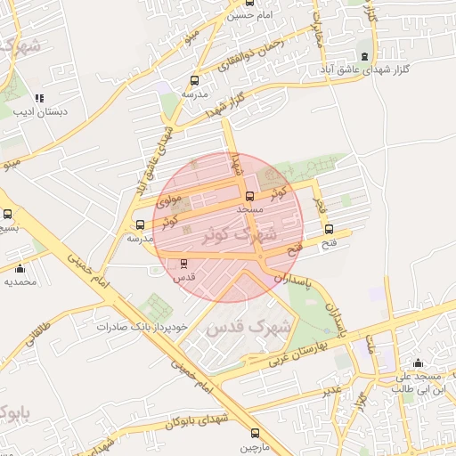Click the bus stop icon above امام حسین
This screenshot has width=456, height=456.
point(248,3)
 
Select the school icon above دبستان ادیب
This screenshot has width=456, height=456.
point(38,99)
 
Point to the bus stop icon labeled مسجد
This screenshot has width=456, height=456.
point(249,197)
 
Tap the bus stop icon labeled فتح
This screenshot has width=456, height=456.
point(330,230)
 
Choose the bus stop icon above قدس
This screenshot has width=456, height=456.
point(183,264)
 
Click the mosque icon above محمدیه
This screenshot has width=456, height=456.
point(20,268)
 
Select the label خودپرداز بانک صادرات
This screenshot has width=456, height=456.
point(143,327)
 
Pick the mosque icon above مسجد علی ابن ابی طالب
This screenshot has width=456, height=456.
point(418,363)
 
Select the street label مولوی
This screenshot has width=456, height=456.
point(169,202)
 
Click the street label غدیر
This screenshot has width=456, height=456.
point(331,391)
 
